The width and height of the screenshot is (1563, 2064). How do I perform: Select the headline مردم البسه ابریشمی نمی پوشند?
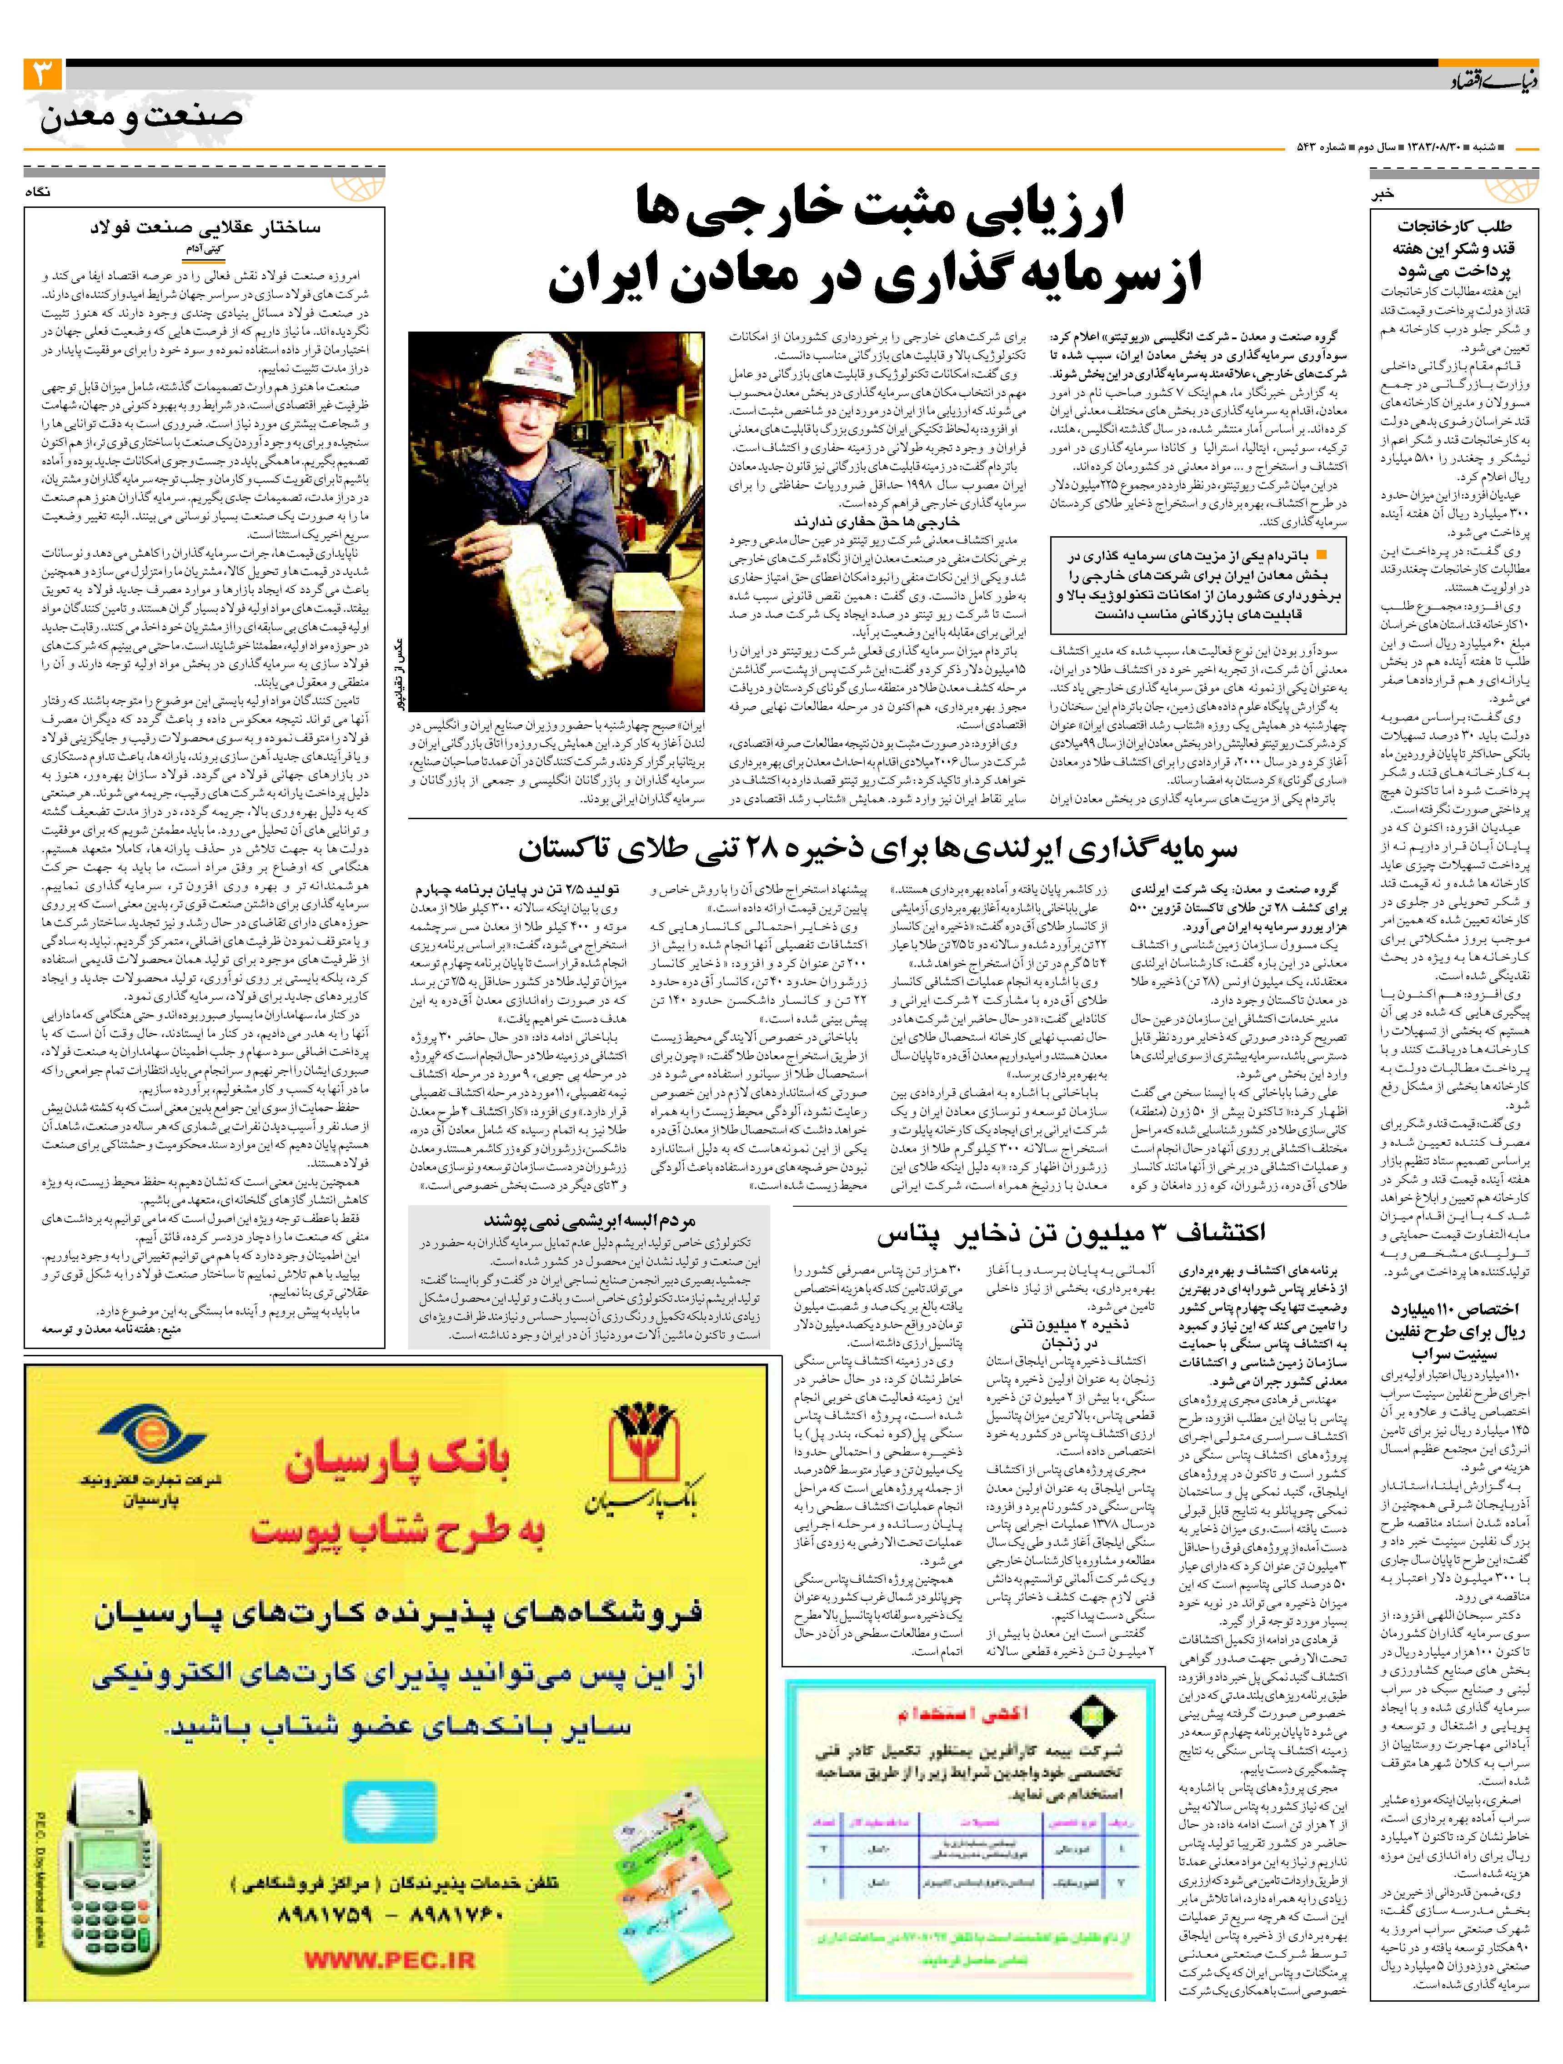(x=589, y=1220)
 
